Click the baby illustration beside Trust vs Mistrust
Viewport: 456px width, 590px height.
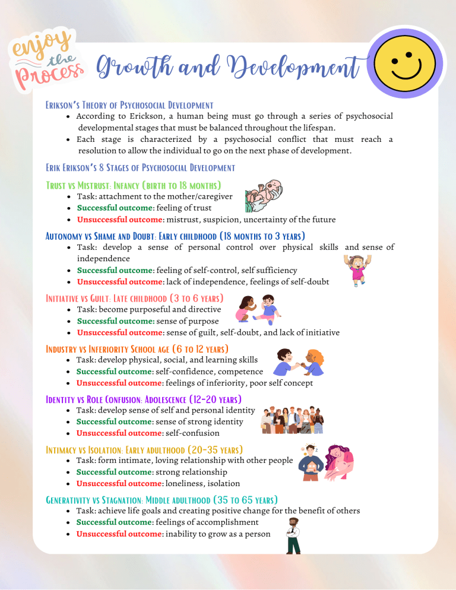[264, 196]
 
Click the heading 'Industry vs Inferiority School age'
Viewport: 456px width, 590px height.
[137, 348]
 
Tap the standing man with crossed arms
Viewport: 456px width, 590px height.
[293, 535]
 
